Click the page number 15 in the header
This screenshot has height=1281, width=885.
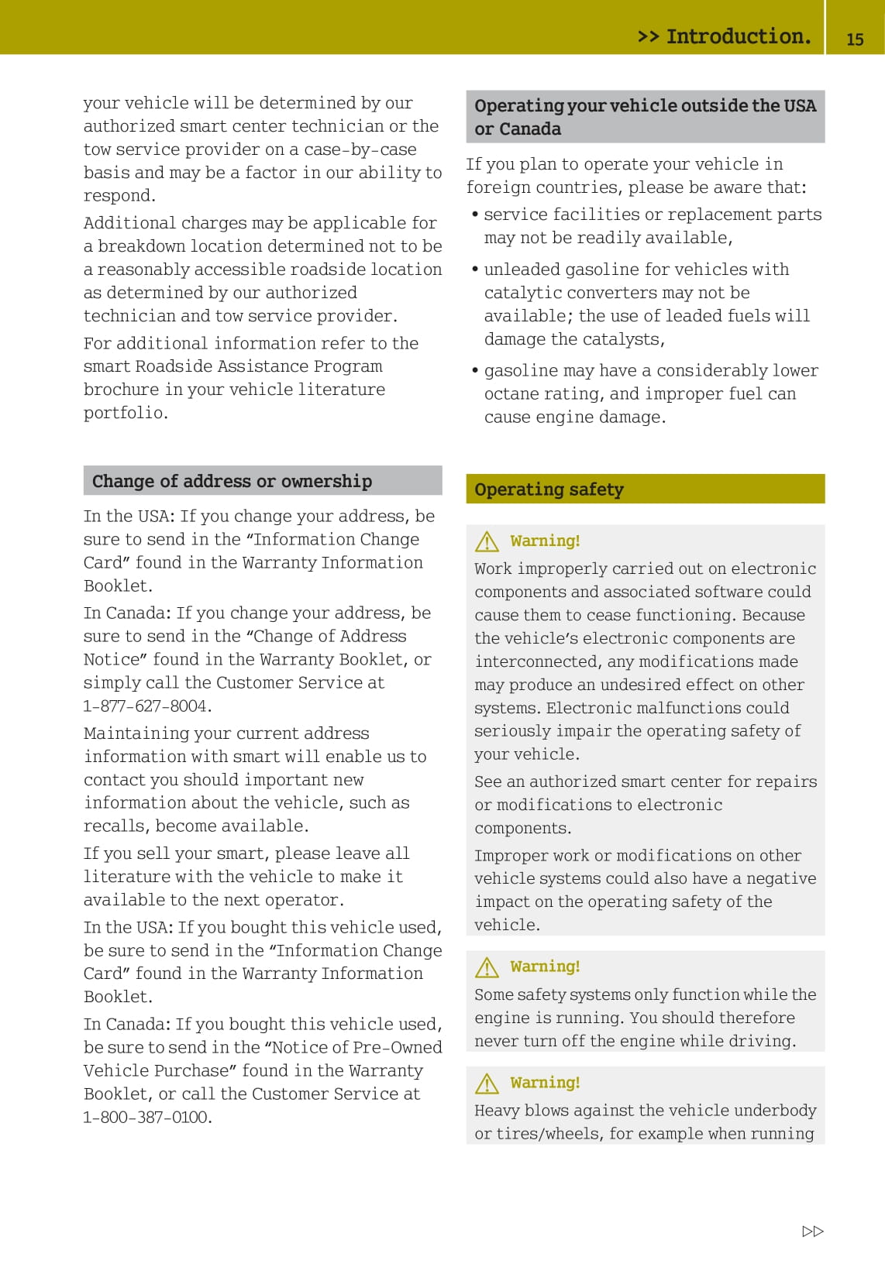coord(855,39)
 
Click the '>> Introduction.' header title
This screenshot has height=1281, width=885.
coord(724,36)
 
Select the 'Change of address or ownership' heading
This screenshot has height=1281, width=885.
coord(232,481)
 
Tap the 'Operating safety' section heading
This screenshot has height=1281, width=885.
coord(549,489)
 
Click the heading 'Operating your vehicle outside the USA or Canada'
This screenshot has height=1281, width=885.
coord(645,117)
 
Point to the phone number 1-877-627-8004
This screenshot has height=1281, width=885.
coord(147,706)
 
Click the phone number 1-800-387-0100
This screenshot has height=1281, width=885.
coord(147,1117)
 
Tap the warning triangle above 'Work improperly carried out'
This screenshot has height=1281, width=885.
coord(487,541)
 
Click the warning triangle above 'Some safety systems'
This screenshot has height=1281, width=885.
coord(487,967)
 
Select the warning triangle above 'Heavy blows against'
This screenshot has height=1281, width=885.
coord(487,1083)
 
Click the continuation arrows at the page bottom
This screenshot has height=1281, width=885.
coord(813,1231)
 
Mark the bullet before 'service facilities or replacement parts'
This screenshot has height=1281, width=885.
coord(474,214)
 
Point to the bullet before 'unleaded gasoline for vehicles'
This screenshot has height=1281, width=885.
coord(474,269)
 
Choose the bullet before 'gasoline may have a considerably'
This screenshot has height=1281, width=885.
coord(474,370)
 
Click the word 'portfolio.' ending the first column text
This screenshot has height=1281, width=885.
coord(126,413)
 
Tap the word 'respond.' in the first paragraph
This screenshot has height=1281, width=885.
coord(119,196)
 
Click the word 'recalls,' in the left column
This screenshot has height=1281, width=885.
coord(115,826)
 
